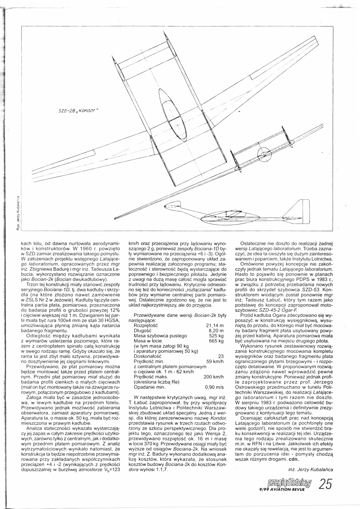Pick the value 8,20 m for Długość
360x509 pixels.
point(217,331)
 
